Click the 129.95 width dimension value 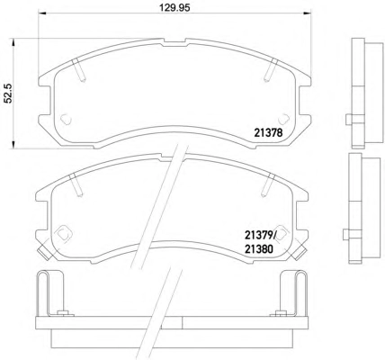175,8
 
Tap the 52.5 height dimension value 8,94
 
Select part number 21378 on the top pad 268,132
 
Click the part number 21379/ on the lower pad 260,235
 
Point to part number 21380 259,248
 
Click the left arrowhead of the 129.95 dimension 41,13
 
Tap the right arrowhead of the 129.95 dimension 307,13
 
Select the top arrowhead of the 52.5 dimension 13,41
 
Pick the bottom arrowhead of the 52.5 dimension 13,145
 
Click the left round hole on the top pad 66,120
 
